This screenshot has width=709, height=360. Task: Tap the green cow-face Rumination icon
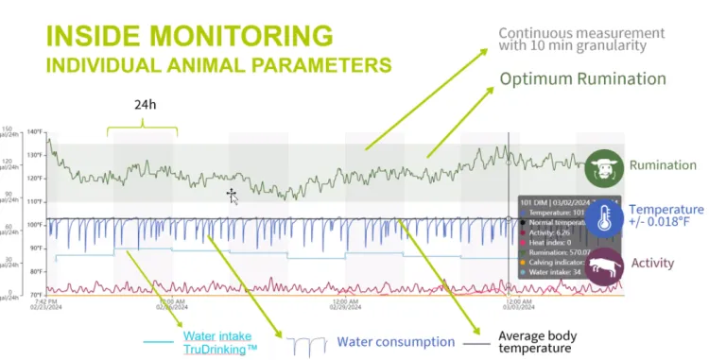602,167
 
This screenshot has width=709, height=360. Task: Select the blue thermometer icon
601,215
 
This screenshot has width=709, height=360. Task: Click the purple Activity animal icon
602,266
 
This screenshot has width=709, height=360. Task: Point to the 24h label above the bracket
144,106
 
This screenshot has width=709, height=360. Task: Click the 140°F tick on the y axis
36,131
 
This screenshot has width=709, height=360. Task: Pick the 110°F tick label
36,201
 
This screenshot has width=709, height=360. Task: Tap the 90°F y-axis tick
37,249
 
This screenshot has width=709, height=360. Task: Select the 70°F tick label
37,295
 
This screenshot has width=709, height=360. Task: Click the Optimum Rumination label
583,78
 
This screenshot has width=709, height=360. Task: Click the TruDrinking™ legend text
220,349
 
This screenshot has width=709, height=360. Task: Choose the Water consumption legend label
396,342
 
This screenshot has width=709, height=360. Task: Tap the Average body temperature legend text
537,342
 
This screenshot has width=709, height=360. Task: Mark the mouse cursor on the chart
232,195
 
